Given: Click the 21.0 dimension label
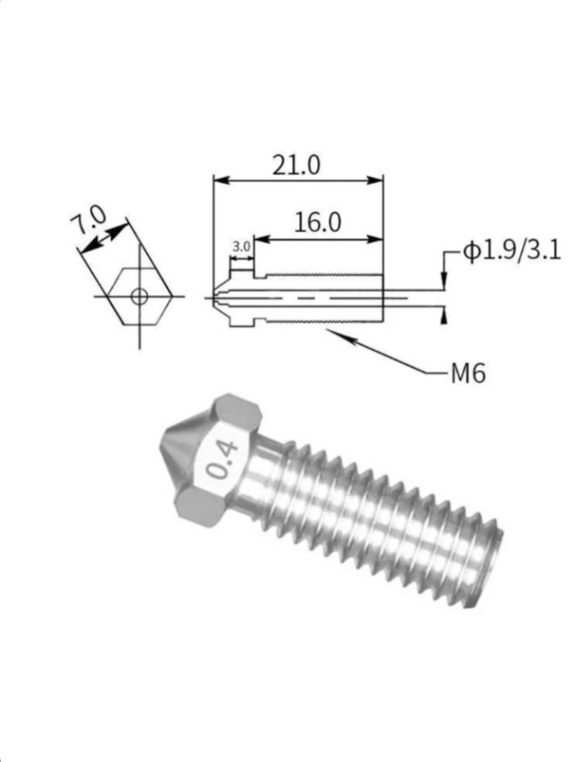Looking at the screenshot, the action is pyautogui.click(x=296, y=165).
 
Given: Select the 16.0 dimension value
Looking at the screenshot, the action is pyautogui.click(x=317, y=223).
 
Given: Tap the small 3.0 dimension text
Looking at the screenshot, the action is pyautogui.click(x=241, y=246).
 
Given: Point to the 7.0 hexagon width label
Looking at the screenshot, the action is pyautogui.click(x=88, y=220).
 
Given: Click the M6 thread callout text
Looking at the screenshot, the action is pyautogui.click(x=469, y=373).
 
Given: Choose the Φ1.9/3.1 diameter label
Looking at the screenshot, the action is pyautogui.click(x=511, y=251).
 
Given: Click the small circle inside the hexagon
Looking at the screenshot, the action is pyautogui.click(x=139, y=296).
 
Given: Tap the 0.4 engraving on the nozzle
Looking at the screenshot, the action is pyautogui.click(x=222, y=460).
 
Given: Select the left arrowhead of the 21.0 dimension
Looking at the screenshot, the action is pyautogui.click(x=221, y=180).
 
